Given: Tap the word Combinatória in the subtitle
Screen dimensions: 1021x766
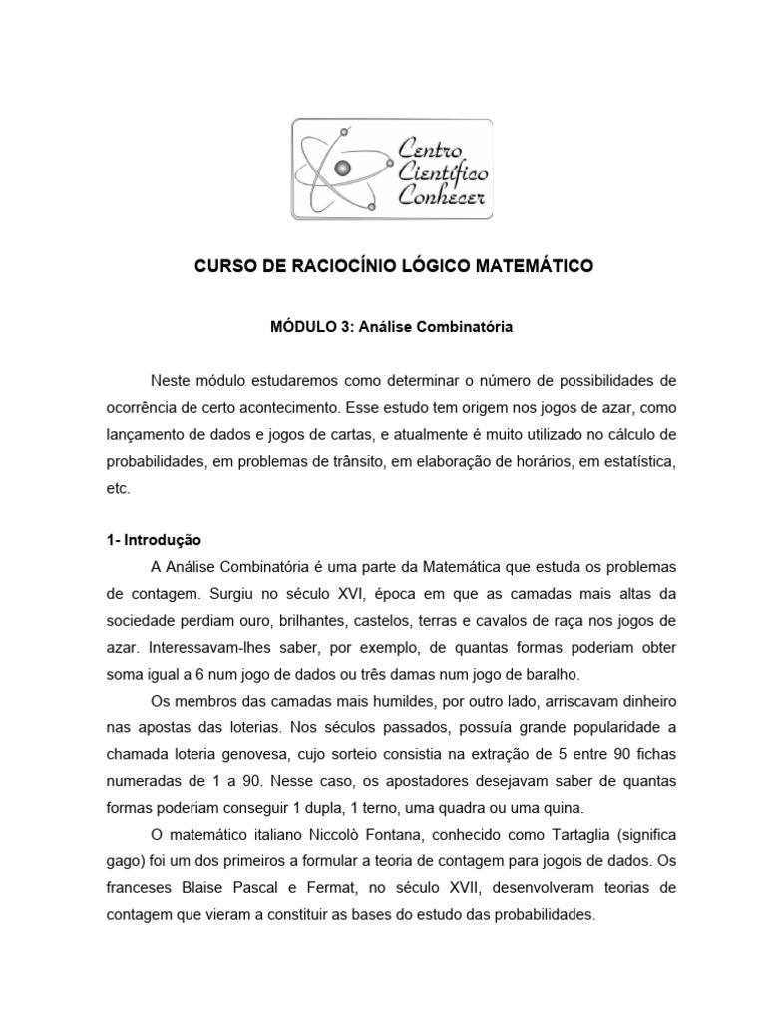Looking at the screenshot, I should [467, 325].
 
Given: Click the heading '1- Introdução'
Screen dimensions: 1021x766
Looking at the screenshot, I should [154, 540].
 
